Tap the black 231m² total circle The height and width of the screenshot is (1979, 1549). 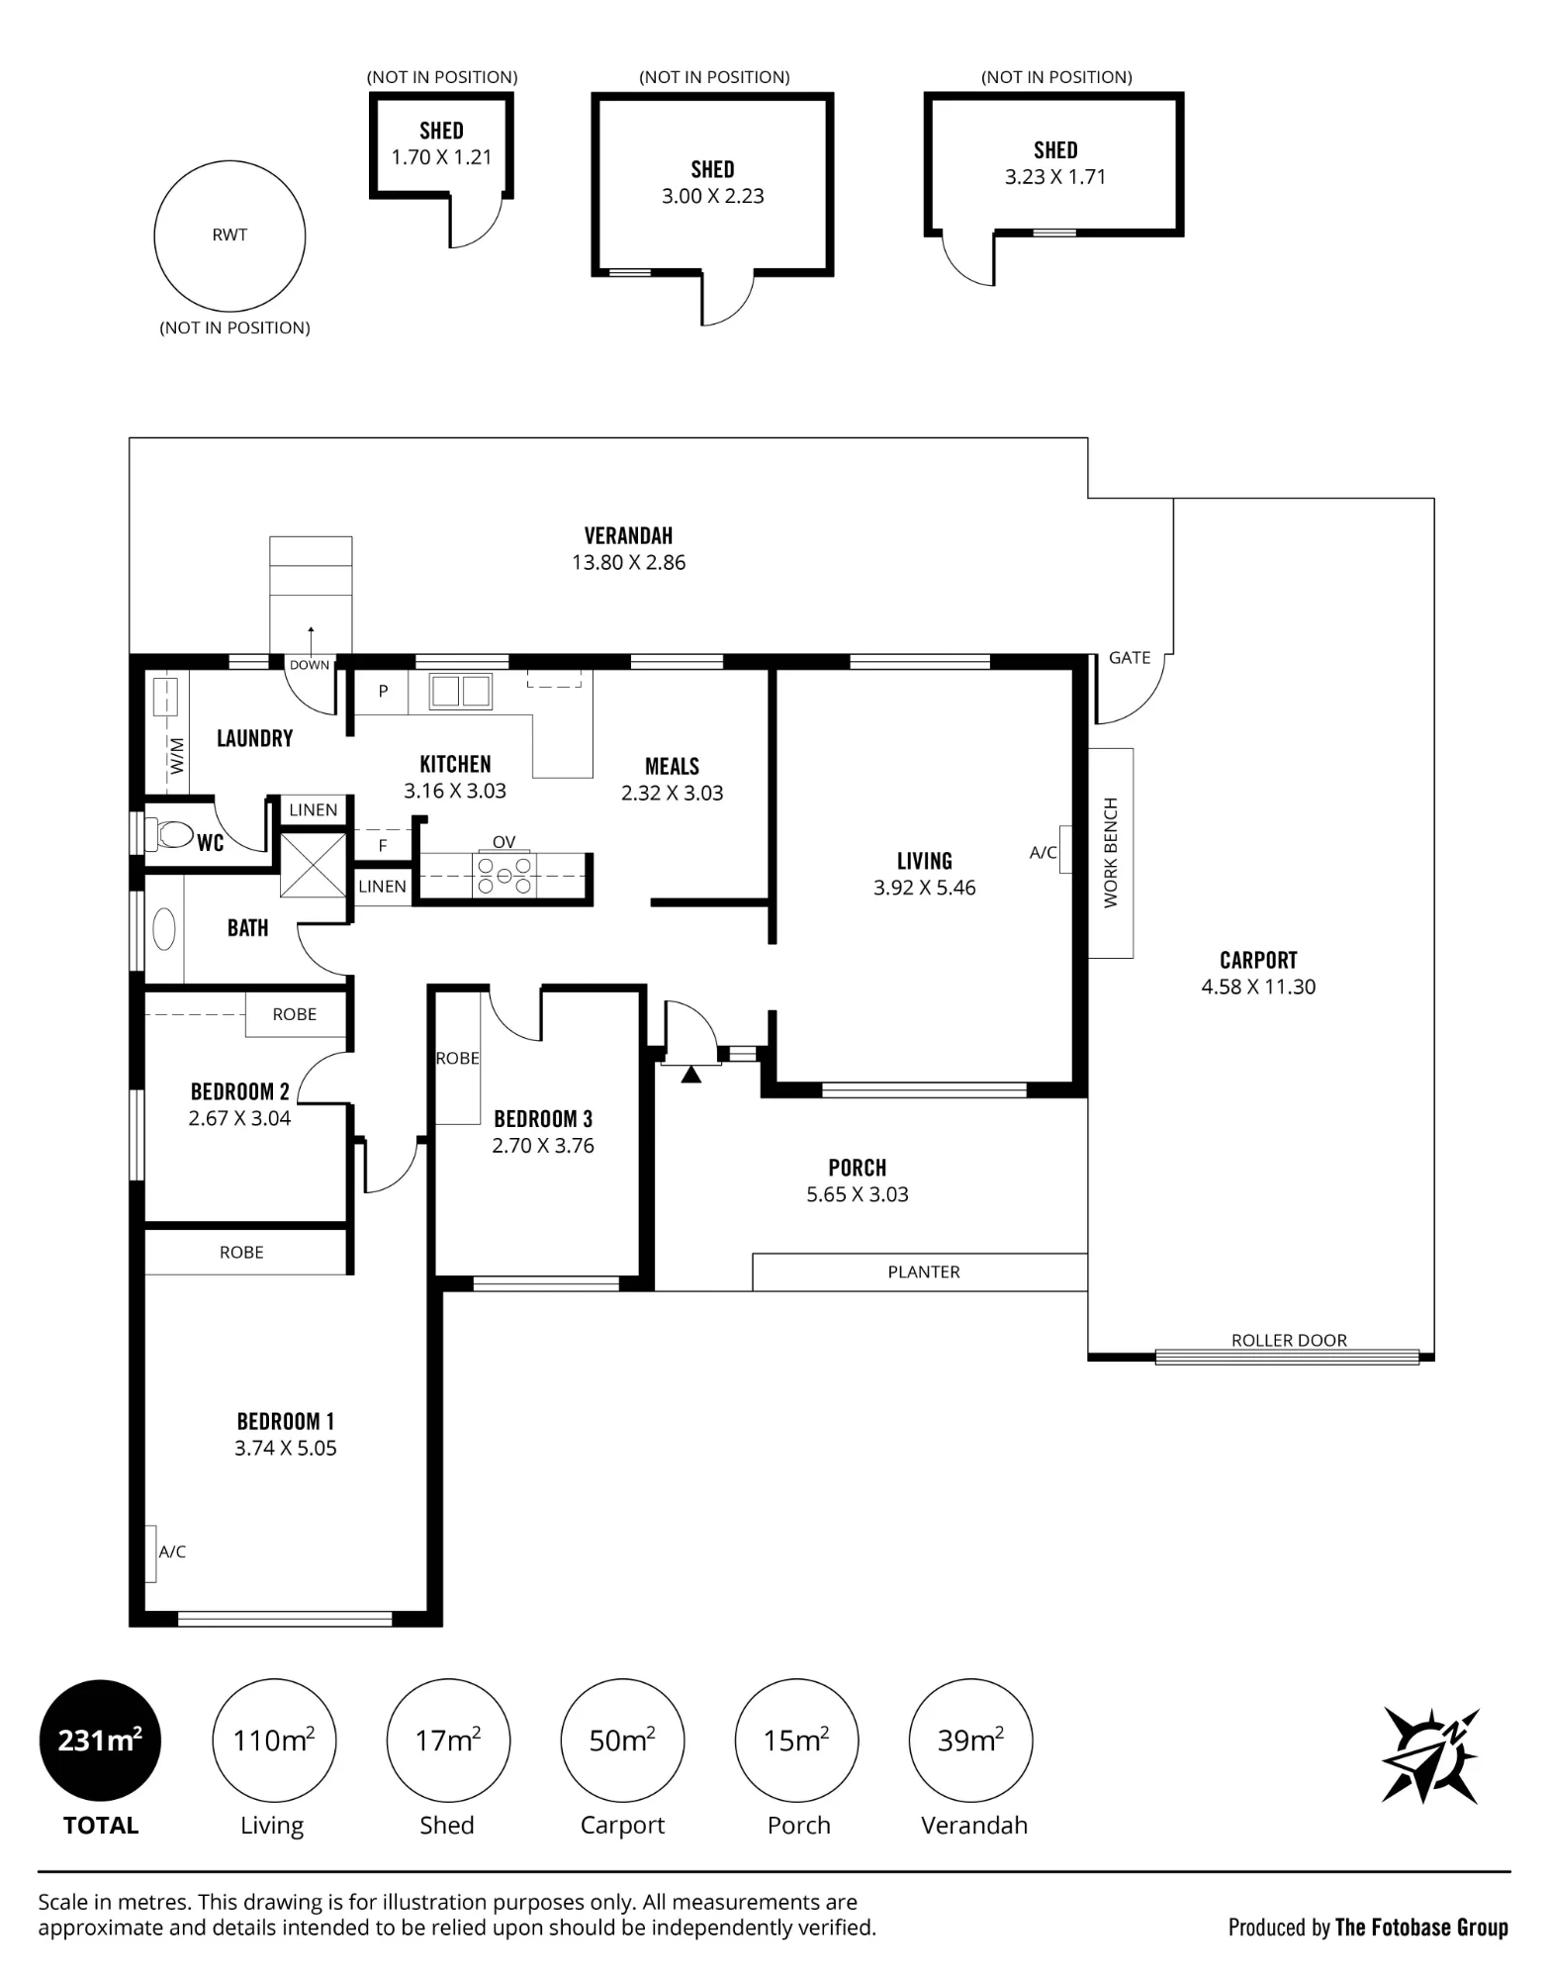100,1740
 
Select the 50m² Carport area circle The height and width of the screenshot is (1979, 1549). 622,1740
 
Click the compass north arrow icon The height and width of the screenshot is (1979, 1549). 1429,1755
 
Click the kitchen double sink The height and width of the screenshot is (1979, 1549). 460,692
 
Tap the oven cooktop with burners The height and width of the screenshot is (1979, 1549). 504,875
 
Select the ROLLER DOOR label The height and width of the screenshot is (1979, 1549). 1289,1340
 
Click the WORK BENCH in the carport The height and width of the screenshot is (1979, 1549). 1111,853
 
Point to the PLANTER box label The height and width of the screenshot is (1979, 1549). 924,1272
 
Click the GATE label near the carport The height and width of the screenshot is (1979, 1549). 1130,658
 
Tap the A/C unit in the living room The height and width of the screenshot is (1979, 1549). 1065,850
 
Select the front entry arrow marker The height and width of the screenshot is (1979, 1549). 691,1073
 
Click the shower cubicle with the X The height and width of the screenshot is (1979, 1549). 314,866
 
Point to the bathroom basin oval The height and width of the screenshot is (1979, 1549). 164,930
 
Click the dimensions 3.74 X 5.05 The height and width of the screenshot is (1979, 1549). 286,1448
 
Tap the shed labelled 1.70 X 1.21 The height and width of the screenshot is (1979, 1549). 441,145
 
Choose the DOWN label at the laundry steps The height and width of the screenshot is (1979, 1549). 310,665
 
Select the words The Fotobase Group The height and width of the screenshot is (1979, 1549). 1421,1927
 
